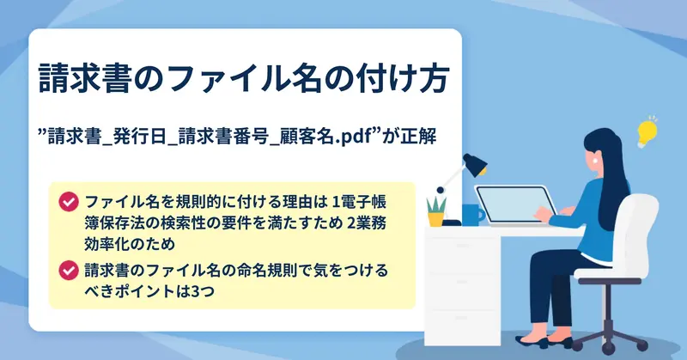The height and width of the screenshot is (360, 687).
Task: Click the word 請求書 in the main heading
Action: pos(85,79)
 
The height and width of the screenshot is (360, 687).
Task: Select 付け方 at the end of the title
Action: pos(402,79)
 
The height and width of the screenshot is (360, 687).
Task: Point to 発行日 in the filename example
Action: pos(140,137)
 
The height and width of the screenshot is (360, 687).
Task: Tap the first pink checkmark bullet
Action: pos(69,202)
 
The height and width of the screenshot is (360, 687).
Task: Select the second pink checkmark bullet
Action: pos(69,270)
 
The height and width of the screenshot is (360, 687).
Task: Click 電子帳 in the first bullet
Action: pos(362,202)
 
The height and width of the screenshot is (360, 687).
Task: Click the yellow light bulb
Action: pos(647,131)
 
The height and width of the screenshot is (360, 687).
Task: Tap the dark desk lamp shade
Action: pos(475,165)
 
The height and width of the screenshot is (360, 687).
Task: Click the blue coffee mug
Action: pos(472,215)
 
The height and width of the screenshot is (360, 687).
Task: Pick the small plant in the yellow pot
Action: pos(436,211)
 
